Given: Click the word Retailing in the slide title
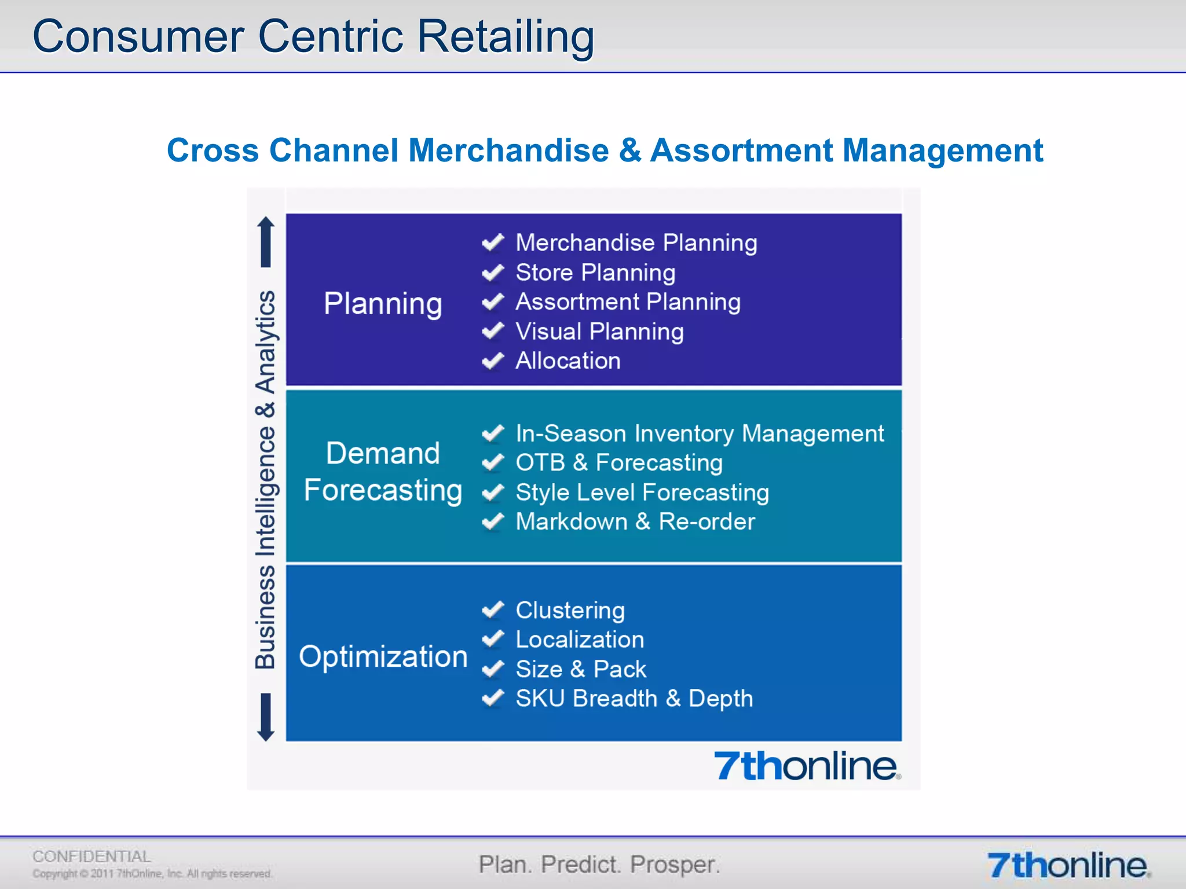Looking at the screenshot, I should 505,37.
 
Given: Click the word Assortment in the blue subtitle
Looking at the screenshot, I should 741,150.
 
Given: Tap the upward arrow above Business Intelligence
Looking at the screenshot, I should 266,241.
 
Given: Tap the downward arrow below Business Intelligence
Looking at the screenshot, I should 266,717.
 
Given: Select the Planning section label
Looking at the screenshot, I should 383,303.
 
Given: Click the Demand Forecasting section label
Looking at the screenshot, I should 383,471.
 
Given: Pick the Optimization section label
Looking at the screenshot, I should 383,656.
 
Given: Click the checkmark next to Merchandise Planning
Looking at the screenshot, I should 493,243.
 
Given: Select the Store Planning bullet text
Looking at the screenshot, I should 595,273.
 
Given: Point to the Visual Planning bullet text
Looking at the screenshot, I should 599,332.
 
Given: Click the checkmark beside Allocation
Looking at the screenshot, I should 493,361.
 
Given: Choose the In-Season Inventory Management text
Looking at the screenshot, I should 700,434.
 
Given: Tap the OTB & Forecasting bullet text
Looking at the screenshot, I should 619,462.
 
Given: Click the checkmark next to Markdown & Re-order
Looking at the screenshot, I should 493,521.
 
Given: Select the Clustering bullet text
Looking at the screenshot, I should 570,610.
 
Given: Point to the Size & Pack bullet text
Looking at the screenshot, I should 581,669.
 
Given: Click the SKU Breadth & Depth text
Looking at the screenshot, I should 634,699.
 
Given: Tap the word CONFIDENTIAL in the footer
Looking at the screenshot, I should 91,856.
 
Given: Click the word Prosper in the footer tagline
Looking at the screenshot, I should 675,865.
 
